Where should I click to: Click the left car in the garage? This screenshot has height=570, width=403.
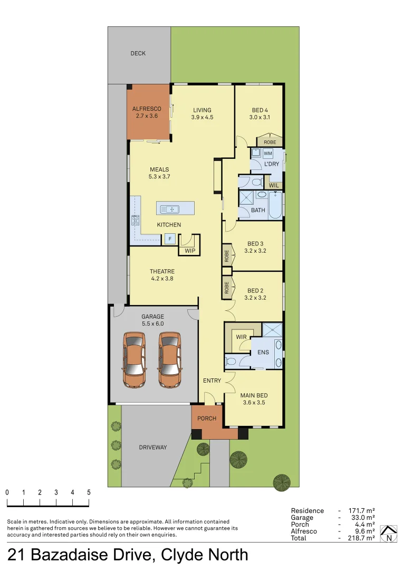click(x=134, y=359)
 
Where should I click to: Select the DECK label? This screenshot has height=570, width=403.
click(x=138, y=53)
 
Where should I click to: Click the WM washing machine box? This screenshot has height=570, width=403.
click(x=267, y=153)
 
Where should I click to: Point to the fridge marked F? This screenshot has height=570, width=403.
click(x=169, y=239)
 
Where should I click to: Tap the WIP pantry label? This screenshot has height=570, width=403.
click(x=190, y=251)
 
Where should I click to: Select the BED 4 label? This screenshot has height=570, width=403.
click(x=260, y=110)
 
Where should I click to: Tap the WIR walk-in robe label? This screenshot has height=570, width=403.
click(x=241, y=336)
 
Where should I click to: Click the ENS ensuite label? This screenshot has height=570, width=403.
click(x=263, y=351)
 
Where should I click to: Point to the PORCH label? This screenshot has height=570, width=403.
click(x=207, y=419)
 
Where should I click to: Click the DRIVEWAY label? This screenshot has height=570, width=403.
click(x=153, y=447)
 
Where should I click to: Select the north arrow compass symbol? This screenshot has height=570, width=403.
click(x=389, y=534)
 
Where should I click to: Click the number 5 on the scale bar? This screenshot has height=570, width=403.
click(x=89, y=492)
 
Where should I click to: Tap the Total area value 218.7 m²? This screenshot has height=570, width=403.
click(x=361, y=538)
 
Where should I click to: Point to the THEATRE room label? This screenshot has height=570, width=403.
click(x=162, y=271)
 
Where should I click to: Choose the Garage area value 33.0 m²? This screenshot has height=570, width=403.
click(x=361, y=518)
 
